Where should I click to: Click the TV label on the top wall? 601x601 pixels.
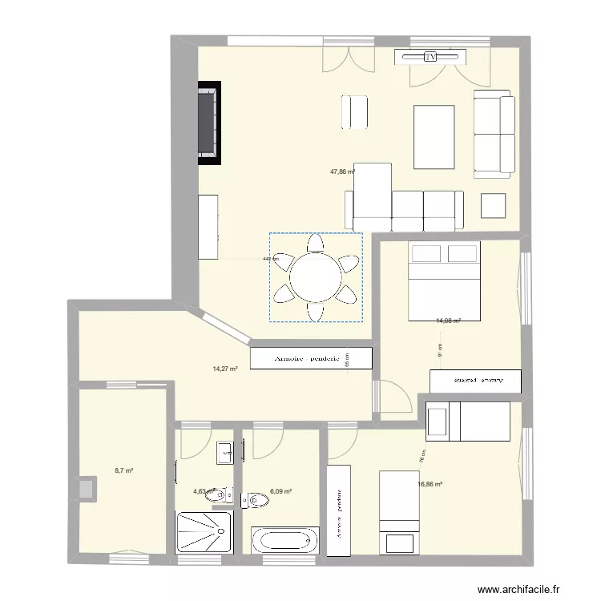[430, 56]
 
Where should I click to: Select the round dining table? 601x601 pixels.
[317, 277]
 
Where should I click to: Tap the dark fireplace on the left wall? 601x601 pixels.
[209, 123]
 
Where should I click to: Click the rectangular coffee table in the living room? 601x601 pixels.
[434, 137]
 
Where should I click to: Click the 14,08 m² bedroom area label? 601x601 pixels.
[447, 321]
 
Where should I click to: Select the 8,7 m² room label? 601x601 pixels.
[123, 471]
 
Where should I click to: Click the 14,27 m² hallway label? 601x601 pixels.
[225, 369]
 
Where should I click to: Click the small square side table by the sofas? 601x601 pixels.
[493, 206]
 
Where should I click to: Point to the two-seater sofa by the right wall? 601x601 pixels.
[493, 134]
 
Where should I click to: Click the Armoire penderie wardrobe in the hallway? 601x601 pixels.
[312, 358]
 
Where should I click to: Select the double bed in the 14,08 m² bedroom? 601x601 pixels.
[444, 281]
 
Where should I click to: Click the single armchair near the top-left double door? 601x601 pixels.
[353, 113]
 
